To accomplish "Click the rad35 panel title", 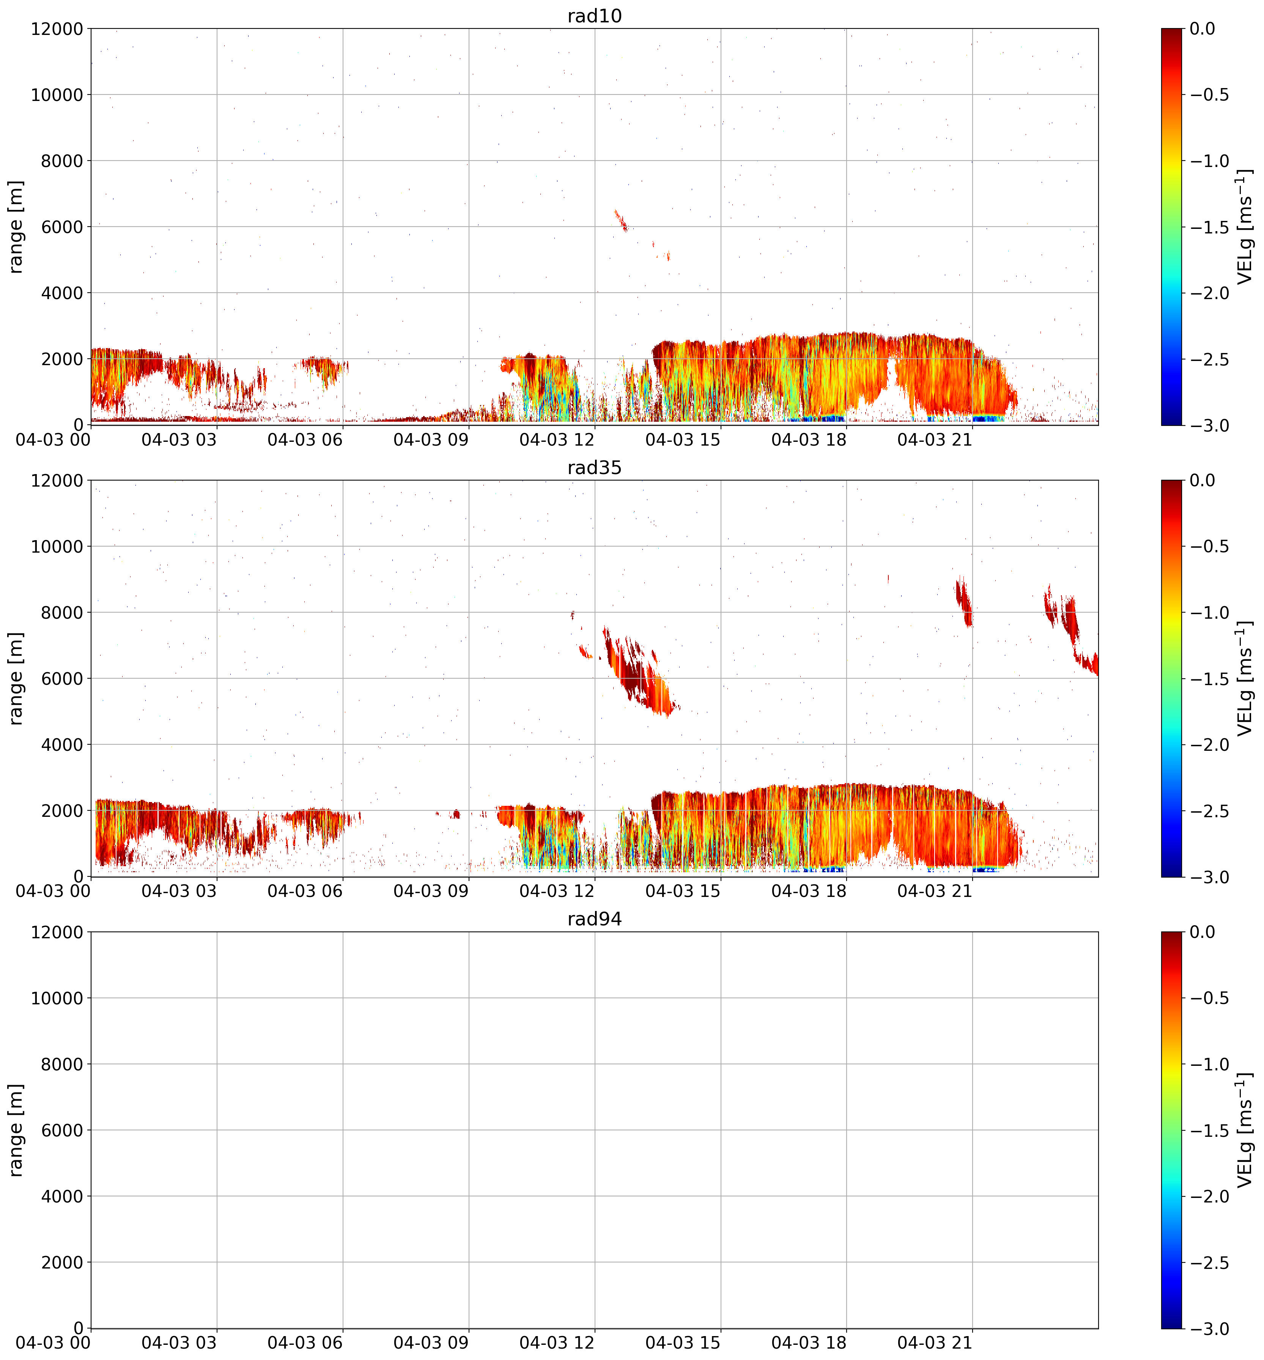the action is (x=594, y=468).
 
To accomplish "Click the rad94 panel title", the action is (x=594, y=919).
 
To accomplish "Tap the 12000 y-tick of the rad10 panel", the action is (x=57, y=29).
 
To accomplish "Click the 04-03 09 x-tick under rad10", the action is (x=431, y=440).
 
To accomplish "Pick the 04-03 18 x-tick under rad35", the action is (x=809, y=891).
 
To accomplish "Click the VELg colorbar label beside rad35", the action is (x=1245, y=679).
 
